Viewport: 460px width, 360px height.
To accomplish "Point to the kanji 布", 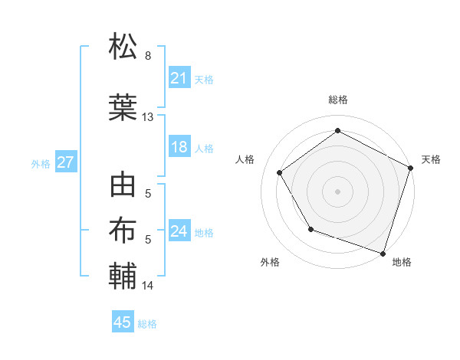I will (123, 231).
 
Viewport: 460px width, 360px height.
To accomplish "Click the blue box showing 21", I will (179, 78).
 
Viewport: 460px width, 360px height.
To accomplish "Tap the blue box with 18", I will (179, 147).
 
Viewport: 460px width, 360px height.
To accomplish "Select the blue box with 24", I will (179, 231).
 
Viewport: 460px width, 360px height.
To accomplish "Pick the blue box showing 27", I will (65, 163).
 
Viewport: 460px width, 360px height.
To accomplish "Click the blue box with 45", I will (123, 322).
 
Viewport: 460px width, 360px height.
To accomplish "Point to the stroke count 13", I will (148, 117).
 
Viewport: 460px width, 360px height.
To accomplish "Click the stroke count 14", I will (148, 286).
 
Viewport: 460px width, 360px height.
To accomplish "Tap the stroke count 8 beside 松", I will (148, 56).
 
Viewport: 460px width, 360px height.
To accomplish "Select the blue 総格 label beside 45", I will (147, 324).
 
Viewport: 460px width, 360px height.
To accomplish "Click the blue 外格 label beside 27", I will (41, 164).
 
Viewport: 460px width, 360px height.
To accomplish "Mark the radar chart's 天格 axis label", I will (431, 159).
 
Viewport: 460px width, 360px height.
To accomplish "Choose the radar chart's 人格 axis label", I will (245, 159).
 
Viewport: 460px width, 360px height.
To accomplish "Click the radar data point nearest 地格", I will (383, 252).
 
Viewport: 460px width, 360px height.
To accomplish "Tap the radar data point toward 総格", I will (337, 131).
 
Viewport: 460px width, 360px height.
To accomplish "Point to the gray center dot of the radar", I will (337, 191).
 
